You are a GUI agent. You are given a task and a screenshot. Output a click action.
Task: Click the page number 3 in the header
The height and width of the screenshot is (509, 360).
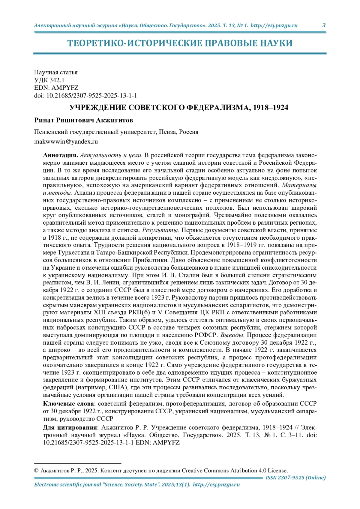[324, 25]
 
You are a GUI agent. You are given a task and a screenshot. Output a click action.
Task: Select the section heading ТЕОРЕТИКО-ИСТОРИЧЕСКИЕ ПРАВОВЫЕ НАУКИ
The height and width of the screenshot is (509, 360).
[180, 43]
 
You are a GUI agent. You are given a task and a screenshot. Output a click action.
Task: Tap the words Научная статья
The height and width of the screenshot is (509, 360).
[56, 72]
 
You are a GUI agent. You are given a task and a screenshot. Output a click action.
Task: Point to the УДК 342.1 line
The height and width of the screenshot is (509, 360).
[49, 80]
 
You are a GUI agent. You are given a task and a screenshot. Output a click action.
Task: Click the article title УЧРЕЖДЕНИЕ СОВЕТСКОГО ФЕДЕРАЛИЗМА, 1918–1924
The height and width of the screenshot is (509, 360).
[179, 108]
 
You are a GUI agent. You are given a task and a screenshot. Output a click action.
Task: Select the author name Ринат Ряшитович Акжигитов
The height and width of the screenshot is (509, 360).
[84, 121]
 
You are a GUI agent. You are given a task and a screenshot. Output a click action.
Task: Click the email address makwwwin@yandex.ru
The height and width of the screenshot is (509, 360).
[66, 142]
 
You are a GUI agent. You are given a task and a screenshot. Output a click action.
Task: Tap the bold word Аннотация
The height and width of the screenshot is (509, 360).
[60, 155]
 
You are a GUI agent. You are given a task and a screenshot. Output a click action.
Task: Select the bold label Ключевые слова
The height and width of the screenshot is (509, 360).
[68, 404]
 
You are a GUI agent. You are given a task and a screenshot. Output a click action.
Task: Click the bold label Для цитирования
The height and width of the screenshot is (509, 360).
[70, 427]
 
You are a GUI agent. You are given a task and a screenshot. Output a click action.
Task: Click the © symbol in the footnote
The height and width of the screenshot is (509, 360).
[36, 471]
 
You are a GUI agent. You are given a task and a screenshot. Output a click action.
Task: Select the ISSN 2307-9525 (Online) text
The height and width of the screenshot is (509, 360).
[295, 478]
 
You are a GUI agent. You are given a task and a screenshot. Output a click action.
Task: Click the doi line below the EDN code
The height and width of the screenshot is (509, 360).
[85, 96]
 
